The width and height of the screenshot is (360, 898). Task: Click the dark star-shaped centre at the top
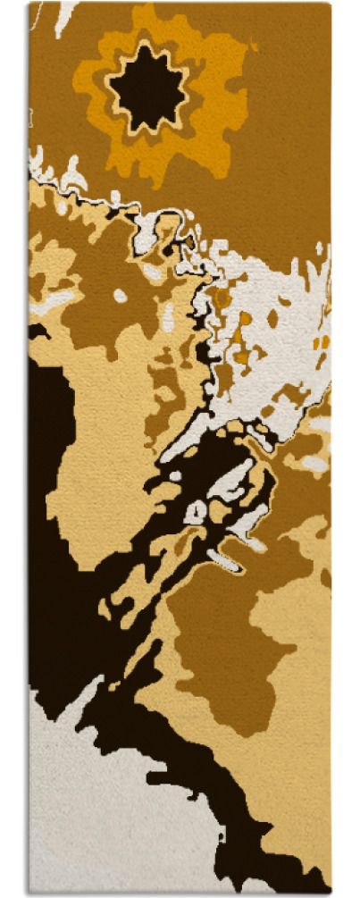147,88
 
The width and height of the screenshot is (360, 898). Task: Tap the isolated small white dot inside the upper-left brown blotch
120,296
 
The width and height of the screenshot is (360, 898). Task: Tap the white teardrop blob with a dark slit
196,512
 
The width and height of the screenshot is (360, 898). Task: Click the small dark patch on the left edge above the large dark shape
37,332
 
